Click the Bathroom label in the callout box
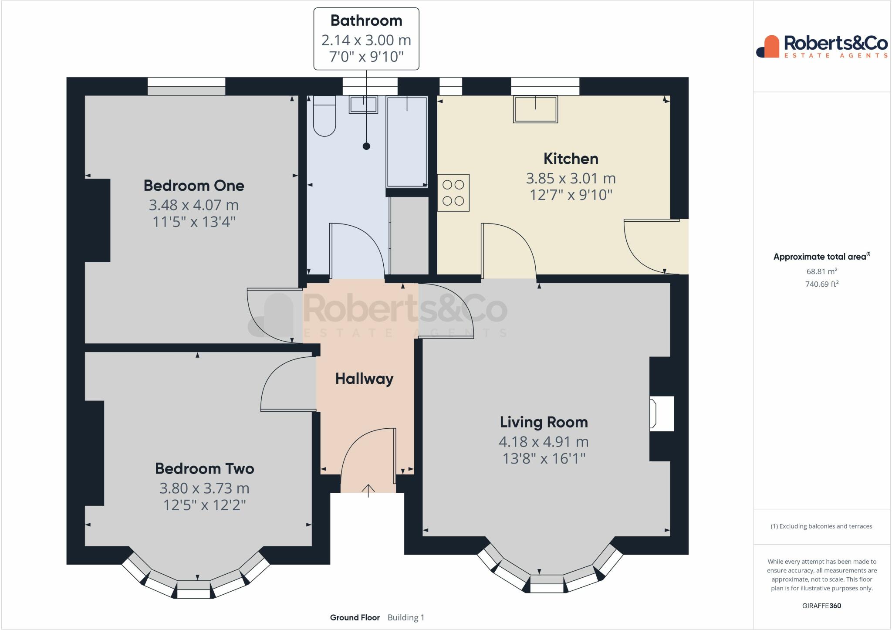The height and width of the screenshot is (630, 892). (366, 20)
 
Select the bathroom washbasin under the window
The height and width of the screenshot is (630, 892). (363, 105)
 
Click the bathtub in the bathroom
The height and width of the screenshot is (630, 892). (407, 142)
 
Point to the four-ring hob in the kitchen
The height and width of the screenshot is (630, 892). (453, 193)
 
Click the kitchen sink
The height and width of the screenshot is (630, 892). (535, 109)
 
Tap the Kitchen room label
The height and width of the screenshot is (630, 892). (571, 159)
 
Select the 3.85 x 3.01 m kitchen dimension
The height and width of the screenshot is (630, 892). (571, 178)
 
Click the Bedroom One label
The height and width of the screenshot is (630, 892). (194, 186)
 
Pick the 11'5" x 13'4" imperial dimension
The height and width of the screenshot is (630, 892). (194, 222)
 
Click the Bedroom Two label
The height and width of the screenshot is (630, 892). (204, 469)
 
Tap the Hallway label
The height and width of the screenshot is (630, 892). (365, 379)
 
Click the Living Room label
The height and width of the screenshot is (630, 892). (544, 422)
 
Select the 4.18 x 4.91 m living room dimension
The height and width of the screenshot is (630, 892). (544, 442)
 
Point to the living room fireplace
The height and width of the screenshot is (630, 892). (661, 413)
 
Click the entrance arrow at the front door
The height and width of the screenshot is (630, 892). (368, 491)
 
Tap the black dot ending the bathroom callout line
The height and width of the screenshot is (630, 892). (366, 146)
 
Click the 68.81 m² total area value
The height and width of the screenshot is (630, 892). (822, 271)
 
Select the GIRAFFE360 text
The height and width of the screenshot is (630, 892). (821, 606)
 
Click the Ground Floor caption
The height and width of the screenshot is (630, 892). (355, 617)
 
